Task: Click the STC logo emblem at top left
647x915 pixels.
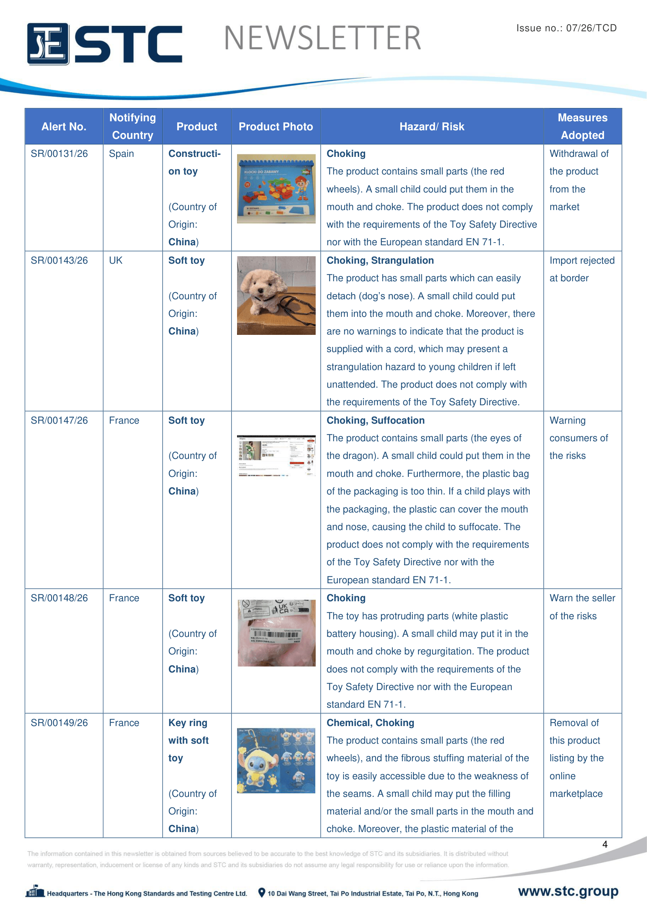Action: tap(48, 44)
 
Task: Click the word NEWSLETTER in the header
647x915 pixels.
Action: tap(322, 38)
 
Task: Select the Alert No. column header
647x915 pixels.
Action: tap(64, 127)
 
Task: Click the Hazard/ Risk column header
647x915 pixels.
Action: tap(431, 127)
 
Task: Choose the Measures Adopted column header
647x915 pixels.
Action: tap(582, 126)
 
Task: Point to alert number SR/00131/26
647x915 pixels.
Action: tap(59, 154)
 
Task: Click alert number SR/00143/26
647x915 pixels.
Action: tap(59, 261)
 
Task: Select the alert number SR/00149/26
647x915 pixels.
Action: tap(59, 723)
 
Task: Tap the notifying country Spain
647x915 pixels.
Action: tap(122, 154)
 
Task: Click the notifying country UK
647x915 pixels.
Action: tap(115, 261)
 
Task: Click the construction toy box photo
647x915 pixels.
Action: tap(276, 189)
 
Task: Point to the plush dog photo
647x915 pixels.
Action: tap(276, 295)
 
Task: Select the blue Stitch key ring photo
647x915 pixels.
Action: tap(276, 760)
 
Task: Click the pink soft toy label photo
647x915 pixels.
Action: tap(276, 633)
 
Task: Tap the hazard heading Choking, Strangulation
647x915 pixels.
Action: tap(380, 261)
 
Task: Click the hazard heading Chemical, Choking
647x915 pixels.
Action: tap(370, 723)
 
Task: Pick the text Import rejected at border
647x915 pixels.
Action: tap(581, 270)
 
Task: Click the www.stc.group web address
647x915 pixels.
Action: tap(568, 891)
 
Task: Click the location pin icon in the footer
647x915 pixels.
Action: tap(262, 893)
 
